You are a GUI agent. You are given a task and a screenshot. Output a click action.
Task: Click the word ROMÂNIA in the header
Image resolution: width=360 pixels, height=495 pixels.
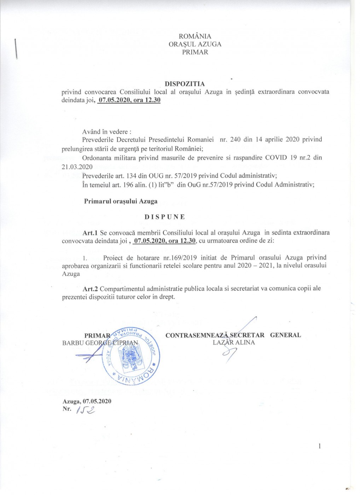coord(195,36)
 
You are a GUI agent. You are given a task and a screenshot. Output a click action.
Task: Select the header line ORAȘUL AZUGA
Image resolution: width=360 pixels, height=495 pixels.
coord(195,44)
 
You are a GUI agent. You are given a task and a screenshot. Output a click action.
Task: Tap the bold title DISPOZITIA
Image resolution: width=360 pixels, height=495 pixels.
coord(185,84)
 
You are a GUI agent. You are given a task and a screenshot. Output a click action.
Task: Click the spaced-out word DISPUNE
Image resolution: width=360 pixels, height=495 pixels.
coord(164,217)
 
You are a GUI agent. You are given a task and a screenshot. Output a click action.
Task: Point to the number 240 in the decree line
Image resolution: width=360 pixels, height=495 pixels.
coord(236,139)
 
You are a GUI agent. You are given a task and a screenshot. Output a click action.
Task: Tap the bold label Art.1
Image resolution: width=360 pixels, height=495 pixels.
coord(90,233)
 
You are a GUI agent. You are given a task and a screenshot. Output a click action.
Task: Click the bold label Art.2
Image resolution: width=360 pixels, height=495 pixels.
coord(90,289)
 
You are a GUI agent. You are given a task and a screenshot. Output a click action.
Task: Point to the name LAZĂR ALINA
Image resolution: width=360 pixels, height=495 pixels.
coord(234,342)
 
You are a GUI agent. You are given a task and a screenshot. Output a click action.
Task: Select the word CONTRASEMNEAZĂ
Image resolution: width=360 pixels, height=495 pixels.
coord(197,335)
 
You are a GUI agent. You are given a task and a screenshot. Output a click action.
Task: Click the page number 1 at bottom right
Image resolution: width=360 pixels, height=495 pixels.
coord(320,446)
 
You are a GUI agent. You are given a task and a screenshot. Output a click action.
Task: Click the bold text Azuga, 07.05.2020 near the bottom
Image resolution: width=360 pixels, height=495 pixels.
coord(87,401)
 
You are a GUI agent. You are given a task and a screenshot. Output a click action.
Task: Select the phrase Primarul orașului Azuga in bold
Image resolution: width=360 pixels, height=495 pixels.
coord(121,201)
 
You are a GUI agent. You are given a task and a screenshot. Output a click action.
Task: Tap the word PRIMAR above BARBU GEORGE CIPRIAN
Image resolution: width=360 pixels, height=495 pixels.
coord(97,336)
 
